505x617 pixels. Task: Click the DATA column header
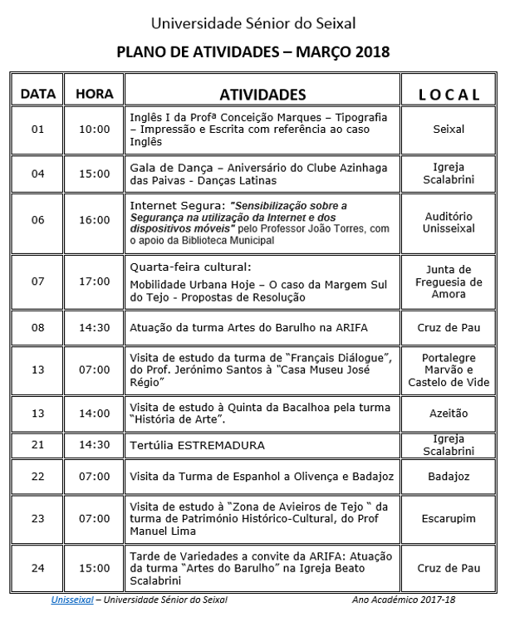[37, 94]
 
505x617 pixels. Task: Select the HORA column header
[94, 94]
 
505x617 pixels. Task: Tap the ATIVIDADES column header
[262, 94]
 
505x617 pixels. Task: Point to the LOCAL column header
[449, 95]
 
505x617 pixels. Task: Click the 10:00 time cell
[94, 130]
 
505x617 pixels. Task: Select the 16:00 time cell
[94, 220]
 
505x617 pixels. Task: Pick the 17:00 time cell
[94, 282]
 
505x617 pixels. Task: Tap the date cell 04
[37, 174]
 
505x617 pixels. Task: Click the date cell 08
[37, 328]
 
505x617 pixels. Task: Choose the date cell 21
[37, 444]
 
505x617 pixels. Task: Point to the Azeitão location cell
[449, 413]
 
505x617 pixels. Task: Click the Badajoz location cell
[449, 477]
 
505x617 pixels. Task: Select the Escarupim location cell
[449, 518]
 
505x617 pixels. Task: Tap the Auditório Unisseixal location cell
[449, 220]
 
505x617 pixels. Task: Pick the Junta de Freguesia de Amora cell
[449, 282]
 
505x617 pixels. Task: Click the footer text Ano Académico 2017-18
[403, 599]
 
